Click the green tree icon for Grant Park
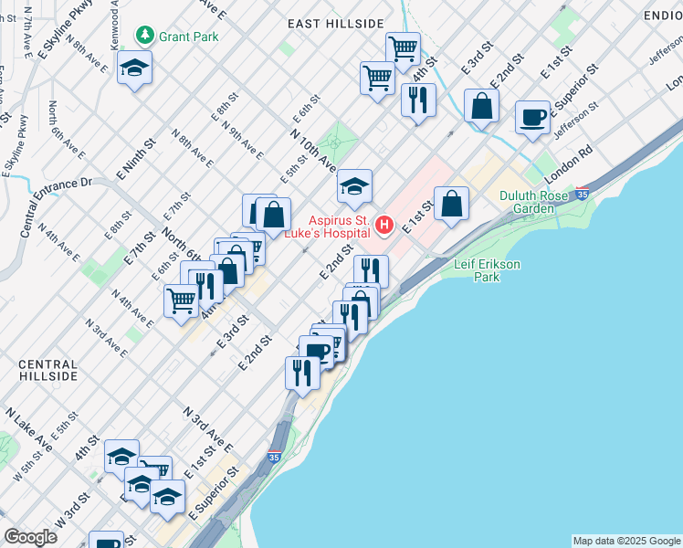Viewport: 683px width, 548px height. coord(144,36)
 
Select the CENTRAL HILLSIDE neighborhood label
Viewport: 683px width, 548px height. coord(48,370)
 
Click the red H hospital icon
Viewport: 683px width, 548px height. coord(384,224)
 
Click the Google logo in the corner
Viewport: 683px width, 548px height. coord(30,536)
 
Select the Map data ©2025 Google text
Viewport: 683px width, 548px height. coord(625,541)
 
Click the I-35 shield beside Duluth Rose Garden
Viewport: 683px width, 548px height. coord(583,194)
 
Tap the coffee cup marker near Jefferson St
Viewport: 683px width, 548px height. coord(532,117)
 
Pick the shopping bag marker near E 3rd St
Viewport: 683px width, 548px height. coord(481,105)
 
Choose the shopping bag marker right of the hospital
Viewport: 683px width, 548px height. coord(451,203)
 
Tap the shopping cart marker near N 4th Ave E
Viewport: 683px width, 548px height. coord(182,299)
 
